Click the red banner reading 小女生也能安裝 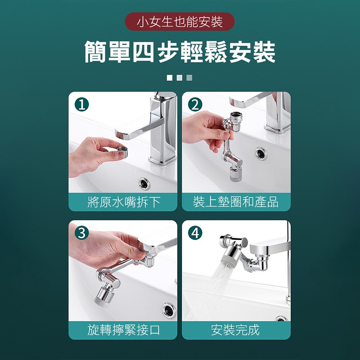[x=180, y=22]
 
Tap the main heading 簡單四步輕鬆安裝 [x=180, y=52]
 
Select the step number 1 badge [x=82, y=104]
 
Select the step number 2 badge [x=195, y=104]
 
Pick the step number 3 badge [x=82, y=233]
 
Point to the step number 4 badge [x=195, y=233]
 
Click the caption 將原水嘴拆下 [x=123, y=202]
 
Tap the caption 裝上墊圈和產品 [x=236, y=202]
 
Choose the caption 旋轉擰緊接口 [x=123, y=330]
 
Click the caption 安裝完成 [x=236, y=330]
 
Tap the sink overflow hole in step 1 [x=144, y=184]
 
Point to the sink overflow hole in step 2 [x=261, y=153]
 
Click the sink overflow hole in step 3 [x=169, y=310]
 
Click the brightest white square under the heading [x=170, y=78]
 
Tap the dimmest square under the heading [x=189, y=78]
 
